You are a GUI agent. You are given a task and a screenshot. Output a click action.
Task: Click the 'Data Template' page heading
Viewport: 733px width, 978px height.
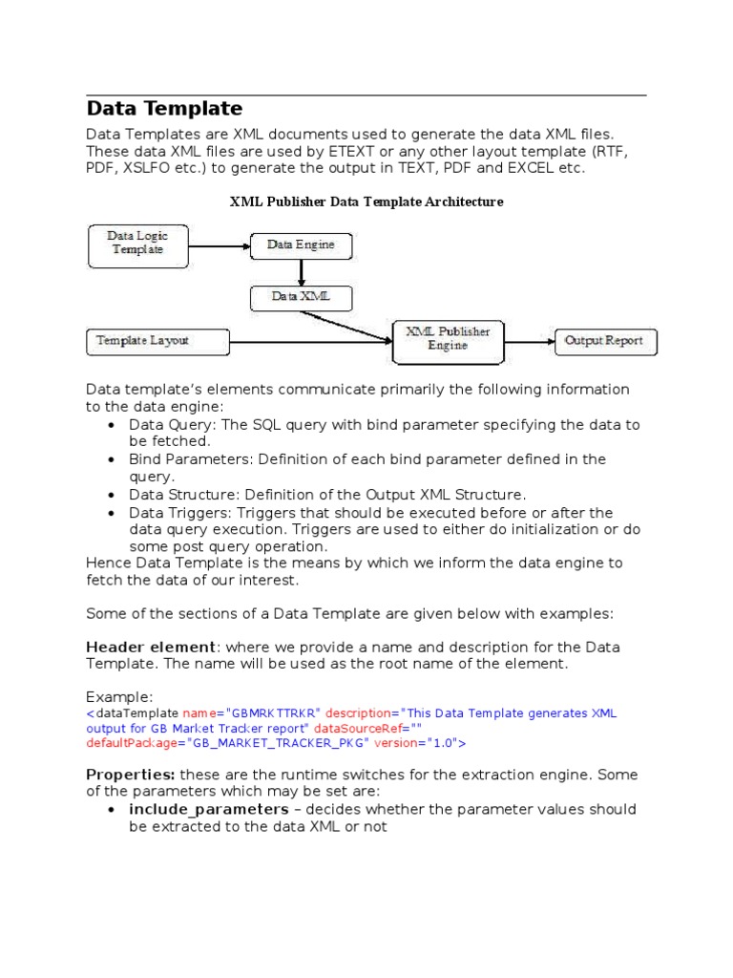[x=164, y=109]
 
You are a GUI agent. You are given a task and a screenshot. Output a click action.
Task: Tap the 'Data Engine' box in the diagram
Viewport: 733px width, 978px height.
[x=301, y=245]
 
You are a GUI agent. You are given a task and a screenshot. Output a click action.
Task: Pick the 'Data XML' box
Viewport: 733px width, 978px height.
[x=301, y=297]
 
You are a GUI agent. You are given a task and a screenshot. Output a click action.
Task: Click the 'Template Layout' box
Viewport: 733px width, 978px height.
[x=157, y=340]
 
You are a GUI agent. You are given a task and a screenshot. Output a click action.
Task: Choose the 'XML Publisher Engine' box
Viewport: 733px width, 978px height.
[x=448, y=339]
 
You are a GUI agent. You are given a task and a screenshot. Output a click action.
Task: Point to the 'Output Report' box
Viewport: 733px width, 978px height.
[x=604, y=340]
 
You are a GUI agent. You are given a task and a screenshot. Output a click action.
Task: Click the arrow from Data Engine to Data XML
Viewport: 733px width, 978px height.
[x=301, y=272]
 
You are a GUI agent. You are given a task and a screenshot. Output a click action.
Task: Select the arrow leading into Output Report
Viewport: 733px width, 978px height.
[x=530, y=340]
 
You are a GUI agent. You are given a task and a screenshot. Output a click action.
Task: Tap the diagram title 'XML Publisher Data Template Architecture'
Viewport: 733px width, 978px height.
[x=366, y=202]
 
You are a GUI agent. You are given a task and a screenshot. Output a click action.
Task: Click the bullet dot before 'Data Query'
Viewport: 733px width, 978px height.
[x=113, y=425]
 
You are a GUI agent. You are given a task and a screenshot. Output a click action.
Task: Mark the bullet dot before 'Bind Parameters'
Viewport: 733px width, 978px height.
[x=113, y=459]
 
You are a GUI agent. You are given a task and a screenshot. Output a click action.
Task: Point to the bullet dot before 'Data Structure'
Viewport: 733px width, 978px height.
[x=113, y=495]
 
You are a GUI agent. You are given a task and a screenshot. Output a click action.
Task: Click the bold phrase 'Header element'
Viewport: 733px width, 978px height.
[x=152, y=647]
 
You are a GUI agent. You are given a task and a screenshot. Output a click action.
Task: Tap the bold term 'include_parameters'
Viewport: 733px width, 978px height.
[x=209, y=809]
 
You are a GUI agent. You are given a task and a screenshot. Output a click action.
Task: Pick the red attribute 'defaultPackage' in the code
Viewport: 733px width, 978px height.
[x=133, y=742]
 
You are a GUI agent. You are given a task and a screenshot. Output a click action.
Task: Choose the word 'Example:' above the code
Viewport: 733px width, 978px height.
[x=119, y=696]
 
